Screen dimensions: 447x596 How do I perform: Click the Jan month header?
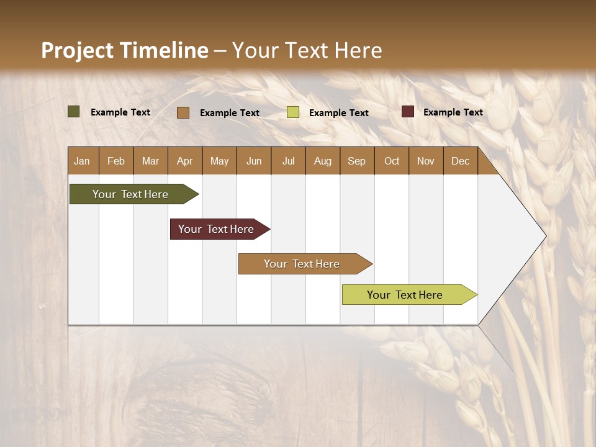tap(83, 161)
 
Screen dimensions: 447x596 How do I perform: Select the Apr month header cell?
tap(185, 161)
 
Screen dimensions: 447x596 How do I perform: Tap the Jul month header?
tap(288, 161)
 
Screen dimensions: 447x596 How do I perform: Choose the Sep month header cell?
tap(357, 161)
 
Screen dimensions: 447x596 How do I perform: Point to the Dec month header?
tap(460, 161)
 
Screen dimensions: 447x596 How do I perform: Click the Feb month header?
tap(116, 161)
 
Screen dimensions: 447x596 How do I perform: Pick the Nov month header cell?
tap(426, 161)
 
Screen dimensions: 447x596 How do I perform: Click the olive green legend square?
tap(74, 112)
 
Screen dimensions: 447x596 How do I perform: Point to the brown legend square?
tap(183, 112)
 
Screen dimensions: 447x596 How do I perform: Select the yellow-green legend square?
tap(293, 112)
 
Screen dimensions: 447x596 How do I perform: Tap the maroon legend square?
tap(408, 112)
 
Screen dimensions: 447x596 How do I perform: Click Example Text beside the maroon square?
tap(453, 112)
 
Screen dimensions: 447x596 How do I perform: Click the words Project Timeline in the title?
tap(125, 50)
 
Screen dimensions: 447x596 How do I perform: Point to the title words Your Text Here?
tap(307, 50)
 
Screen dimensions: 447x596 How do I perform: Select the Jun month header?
tap(254, 161)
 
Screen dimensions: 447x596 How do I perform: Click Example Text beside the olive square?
tap(120, 112)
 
